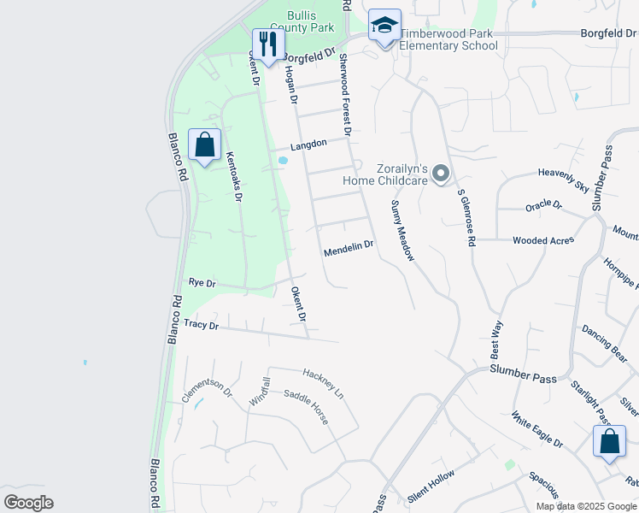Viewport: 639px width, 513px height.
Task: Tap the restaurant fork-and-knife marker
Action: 268,44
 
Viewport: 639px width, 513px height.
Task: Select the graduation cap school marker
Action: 384,26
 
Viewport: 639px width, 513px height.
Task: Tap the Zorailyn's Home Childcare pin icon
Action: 441,174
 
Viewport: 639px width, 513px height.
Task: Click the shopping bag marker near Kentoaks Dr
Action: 204,145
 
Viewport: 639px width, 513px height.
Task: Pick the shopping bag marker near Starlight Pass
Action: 609,441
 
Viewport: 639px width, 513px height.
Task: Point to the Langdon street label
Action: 308,145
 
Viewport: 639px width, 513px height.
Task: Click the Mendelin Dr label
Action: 349,245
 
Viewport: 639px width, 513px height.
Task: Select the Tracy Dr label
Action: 202,325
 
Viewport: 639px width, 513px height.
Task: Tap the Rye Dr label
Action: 202,282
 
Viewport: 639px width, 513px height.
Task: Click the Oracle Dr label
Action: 544,205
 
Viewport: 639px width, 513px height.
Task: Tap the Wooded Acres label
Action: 543,241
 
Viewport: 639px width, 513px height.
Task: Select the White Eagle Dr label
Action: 536,430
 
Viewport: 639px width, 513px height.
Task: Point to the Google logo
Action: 28,502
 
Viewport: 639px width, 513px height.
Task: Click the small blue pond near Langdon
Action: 283,160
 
